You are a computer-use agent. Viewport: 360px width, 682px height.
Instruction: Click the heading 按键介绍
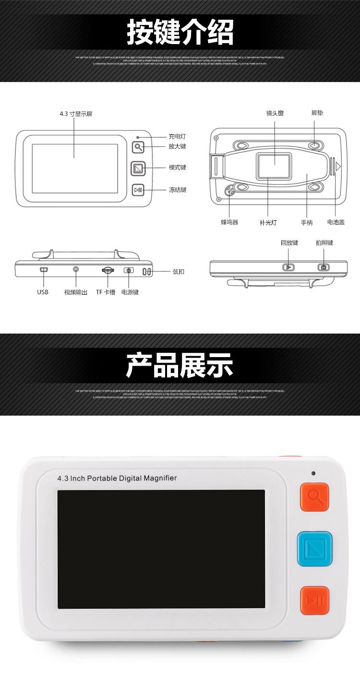pyautogui.click(x=180, y=32)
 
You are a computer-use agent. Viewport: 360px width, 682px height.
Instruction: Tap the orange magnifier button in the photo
pyautogui.click(x=314, y=497)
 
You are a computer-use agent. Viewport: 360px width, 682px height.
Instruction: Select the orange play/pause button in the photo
pyautogui.click(x=314, y=600)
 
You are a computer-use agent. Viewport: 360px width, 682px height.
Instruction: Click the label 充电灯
pyautogui.click(x=177, y=136)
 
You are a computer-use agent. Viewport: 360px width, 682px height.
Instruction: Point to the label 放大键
pyautogui.click(x=177, y=147)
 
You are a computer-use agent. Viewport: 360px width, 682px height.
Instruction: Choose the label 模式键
pyautogui.click(x=177, y=168)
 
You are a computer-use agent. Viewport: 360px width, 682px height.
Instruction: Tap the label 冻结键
pyautogui.click(x=177, y=190)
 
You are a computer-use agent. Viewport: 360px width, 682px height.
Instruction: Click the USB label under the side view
pyautogui.click(x=43, y=292)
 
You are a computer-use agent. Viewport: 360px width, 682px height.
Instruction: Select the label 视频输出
pyautogui.click(x=76, y=292)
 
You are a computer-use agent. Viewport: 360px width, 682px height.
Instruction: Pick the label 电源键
pyautogui.click(x=130, y=292)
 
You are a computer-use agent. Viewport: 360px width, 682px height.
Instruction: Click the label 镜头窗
pyautogui.click(x=275, y=113)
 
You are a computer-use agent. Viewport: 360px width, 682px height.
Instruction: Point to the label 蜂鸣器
pyautogui.click(x=229, y=222)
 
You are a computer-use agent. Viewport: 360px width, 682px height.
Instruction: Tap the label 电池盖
pyautogui.click(x=335, y=222)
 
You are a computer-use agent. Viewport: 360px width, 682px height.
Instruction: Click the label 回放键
pyautogui.click(x=289, y=243)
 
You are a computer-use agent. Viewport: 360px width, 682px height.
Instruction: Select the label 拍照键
pyautogui.click(x=324, y=243)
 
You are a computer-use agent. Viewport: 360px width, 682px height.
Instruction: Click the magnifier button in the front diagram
pyautogui.click(x=138, y=147)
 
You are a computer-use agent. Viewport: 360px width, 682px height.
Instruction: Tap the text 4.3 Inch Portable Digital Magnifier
pyautogui.click(x=117, y=478)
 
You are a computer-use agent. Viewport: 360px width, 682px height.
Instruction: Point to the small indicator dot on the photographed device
pyautogui.click(x=313, y=473)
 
